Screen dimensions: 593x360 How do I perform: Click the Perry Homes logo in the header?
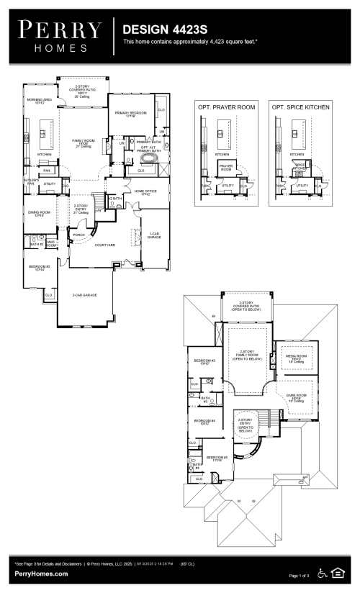point(60,34)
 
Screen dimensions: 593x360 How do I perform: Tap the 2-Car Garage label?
point(84,295)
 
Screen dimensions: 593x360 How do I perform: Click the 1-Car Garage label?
point(153,235)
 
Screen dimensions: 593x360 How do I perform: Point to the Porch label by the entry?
point(78,234)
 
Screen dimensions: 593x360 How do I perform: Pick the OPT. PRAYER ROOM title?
point(227,107)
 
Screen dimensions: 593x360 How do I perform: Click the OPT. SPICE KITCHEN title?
point(301,107)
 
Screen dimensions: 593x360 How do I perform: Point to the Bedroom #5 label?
point(217,458)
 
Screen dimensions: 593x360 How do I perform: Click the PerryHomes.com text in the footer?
point(41,574)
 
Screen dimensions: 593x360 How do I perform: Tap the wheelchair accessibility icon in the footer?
point(323,574)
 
